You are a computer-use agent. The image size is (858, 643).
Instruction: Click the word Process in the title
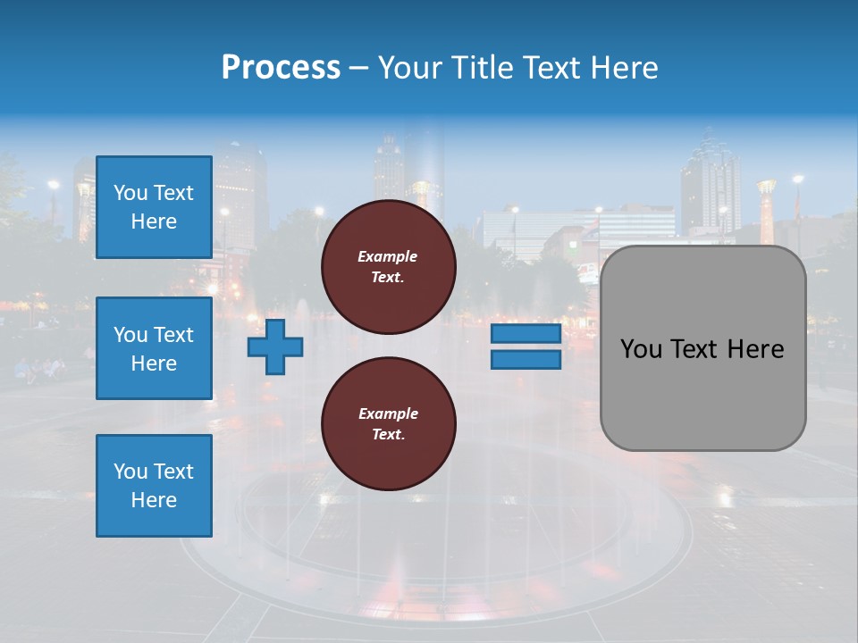281,68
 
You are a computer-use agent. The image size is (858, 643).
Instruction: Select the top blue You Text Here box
154,207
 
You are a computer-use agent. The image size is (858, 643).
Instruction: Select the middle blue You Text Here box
154,348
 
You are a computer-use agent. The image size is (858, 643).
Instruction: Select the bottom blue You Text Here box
154,485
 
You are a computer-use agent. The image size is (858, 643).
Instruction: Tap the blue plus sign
275,347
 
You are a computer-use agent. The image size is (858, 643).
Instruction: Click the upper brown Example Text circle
388,267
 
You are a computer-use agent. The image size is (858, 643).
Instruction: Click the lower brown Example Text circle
388,424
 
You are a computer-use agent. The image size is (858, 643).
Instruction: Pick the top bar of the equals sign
526,334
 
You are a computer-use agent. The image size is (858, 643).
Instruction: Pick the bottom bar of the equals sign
526,359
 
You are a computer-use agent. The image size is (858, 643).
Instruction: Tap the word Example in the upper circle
388,256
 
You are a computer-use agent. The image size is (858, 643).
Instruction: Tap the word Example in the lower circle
388,413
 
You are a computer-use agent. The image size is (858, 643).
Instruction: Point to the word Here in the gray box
755,349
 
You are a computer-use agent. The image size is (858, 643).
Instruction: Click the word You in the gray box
641,349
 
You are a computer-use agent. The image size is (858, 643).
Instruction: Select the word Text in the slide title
552,68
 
